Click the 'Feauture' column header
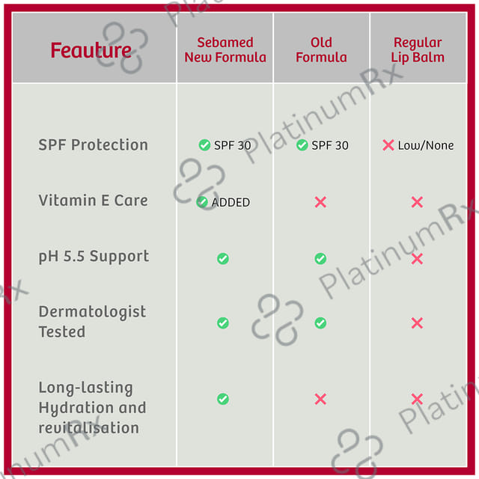(x=91, y=50)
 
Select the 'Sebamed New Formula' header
(x=225, y=50)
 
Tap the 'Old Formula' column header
(x=321, y=50)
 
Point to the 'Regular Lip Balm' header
(x=418, y=50)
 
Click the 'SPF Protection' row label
(x=93, y=144)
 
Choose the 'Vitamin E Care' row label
(x=93, y=201)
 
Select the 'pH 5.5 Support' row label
(x=94, y=257)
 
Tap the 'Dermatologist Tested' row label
(x=92, y=322)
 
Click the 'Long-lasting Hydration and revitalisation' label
(x=92, y=407)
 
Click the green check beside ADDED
(x=202, y=202)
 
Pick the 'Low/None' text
(x=426, y=145)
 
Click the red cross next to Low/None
(x=388, y=145)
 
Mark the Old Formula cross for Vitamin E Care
(x=320, y=202)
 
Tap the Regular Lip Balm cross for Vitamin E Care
(x=417, y=202)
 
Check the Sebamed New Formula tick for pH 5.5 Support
(x=223, y=258)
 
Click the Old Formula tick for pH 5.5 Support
(x=320, y=258)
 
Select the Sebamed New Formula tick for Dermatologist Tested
(x=223, y=323)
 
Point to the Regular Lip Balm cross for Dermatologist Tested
(x=417, y=323)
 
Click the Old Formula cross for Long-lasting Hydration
(x=320, y=399)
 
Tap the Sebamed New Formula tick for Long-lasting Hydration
(x=223, y=399)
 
